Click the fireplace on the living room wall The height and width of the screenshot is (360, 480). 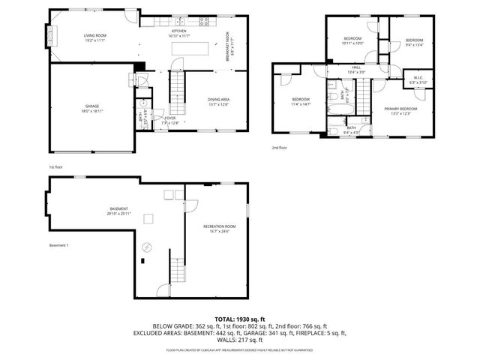[x=51, y=36]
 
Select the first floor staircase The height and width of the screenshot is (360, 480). [x=178, y=86]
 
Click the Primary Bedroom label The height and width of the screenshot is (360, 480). [x=401, y=109]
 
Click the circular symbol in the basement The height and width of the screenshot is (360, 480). [x=147, y=244]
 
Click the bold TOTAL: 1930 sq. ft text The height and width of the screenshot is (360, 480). [x=240, y=319]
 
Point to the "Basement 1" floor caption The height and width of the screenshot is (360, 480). [x=59, y=245]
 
